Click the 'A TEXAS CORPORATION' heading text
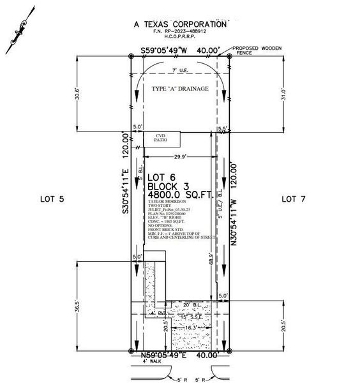[x=180, y=24]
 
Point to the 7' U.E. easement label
[x=180, y=71]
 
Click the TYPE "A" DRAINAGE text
[x=180, y=89]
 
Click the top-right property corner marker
[x=229, y=56]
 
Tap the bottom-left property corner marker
[x=131, y=350]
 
